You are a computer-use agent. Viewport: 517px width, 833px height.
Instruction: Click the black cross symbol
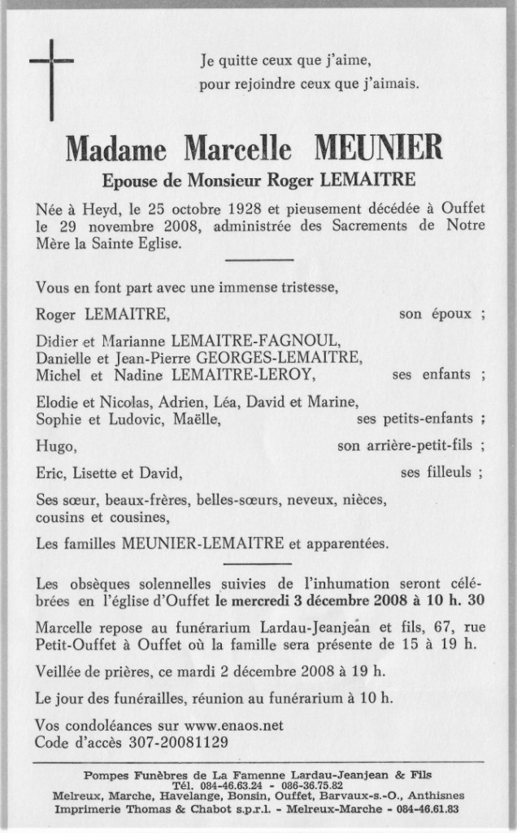[x=51, y=64]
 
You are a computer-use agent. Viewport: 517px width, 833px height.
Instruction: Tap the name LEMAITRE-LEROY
[x=257, y=374]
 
